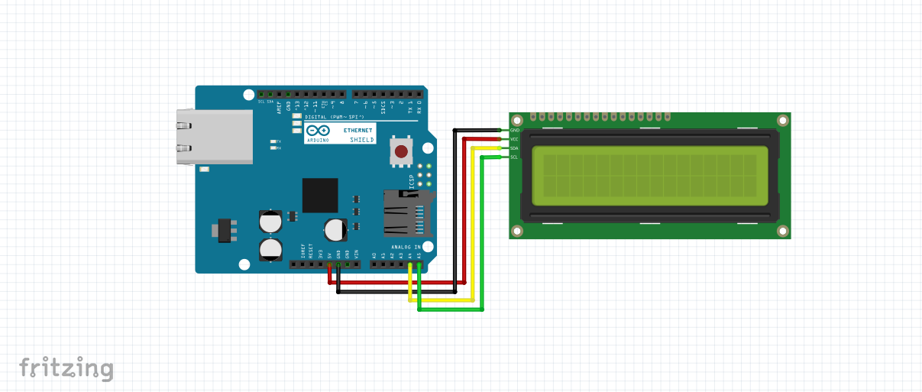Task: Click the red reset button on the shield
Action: [x=401, y=151]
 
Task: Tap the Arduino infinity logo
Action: [x=318, y=131]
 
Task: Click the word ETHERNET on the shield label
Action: [x=359, y=131]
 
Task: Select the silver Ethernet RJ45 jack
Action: [x=215, y=137]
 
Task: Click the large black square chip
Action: [x=320, y=195]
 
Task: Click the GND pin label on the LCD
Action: [x=514, y=131]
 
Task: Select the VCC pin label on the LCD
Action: [x=514, y=139]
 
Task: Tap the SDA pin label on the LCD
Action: [x=514, y=148]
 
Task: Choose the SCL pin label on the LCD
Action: [x=514, y=157]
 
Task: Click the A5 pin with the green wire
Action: [x=419, y=265]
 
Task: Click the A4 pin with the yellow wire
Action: [x=411, y=265]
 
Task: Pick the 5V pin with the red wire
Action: [x=330, y=265]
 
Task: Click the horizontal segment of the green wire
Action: [x=451, y=310]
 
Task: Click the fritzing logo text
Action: [x=66, y=368]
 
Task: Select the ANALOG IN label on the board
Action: [x=406, y=247]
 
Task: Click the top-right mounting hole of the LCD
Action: [x=781, y=121]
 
